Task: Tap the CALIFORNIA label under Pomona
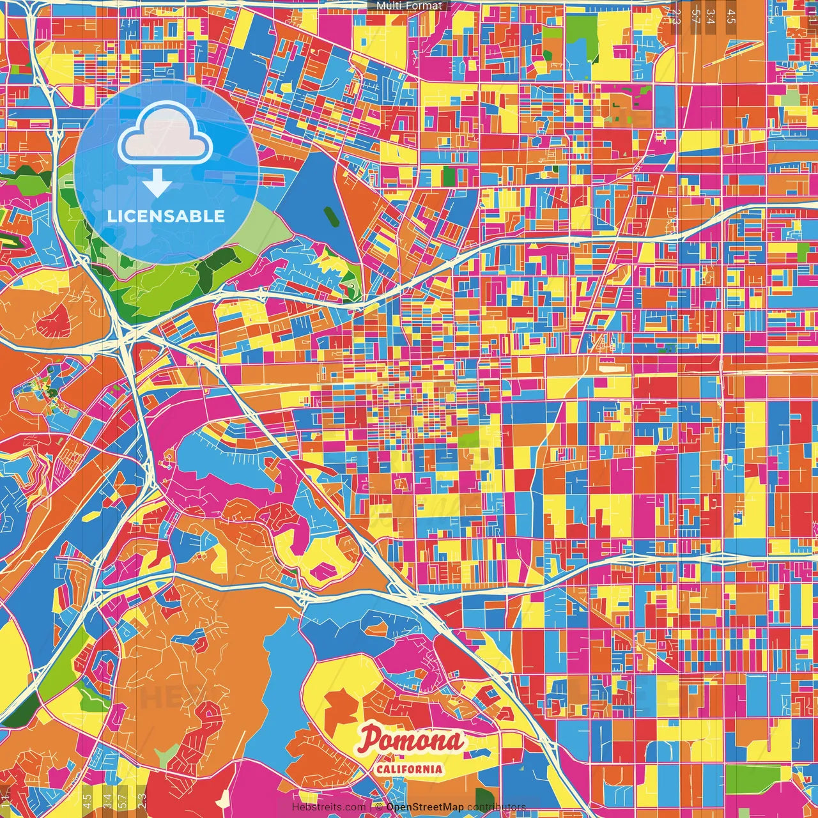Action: [409, 769]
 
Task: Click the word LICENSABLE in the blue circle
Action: [166, 216]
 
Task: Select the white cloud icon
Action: [166, 132]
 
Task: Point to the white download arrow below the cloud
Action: [157, 185]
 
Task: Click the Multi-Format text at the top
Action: [409, 6]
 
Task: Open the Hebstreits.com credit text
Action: [328, 807]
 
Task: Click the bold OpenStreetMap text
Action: [424, 807]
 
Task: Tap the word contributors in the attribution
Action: [497, 807]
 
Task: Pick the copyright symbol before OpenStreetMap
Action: [378, 807]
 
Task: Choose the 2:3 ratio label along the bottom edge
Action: [141, 799]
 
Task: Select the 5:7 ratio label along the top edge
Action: [695, 16]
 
